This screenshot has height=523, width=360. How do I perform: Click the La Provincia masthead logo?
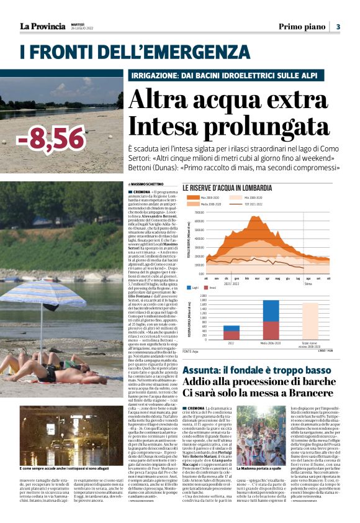pos(42,26)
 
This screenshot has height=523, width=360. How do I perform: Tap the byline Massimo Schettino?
pos(147,184)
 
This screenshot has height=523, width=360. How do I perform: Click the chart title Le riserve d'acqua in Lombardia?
pos(227,188)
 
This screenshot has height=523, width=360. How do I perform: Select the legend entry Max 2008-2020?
pos(212,197)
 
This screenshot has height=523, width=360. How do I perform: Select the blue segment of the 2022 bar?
pos(231,328)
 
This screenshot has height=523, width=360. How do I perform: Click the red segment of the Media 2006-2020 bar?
pos(271,330)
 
